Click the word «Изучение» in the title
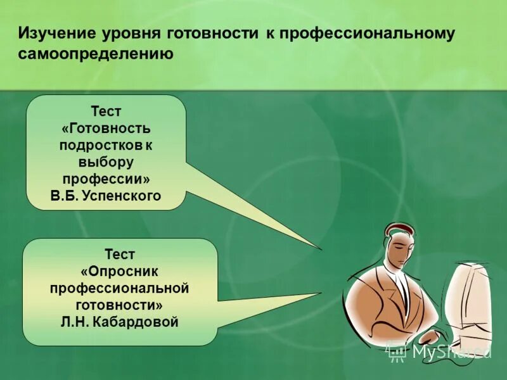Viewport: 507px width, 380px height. (x=55, y=33)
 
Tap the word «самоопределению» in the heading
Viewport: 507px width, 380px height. (x=96, y=54)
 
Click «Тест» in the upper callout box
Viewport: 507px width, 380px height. (x=106, y=111)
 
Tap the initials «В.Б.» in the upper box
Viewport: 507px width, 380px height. (x=65, y=196)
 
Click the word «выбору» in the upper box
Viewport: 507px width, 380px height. (x=106, y=162)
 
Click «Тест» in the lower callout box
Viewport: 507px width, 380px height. (x=120, y=255)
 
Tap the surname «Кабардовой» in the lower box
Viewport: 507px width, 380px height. (x=136, y=322)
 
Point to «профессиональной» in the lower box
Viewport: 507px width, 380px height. (x=120, y=289)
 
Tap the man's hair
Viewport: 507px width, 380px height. (x=398, y=229)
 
